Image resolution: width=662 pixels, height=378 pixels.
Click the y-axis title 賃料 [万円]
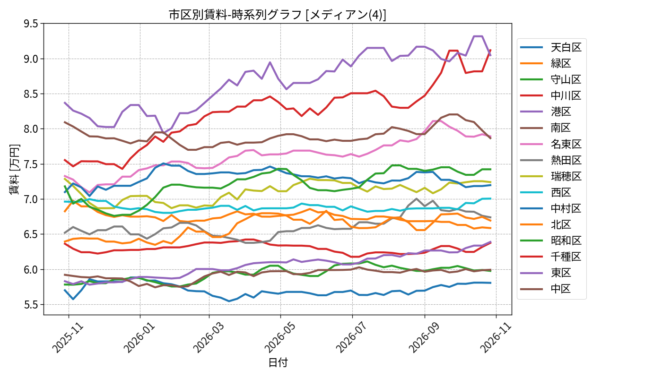(14, 170)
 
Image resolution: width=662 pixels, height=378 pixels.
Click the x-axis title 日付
(278, 362)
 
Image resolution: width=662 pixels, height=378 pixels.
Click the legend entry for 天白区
(551, 47)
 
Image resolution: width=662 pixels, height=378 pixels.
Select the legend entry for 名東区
(551, 144)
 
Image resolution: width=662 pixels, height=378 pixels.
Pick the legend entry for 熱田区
(551, 160)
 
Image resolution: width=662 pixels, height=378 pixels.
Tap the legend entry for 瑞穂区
(551, 176)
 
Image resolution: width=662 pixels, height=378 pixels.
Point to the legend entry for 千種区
(551, 257)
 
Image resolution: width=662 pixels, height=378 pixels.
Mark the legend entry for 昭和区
(551, 241)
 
